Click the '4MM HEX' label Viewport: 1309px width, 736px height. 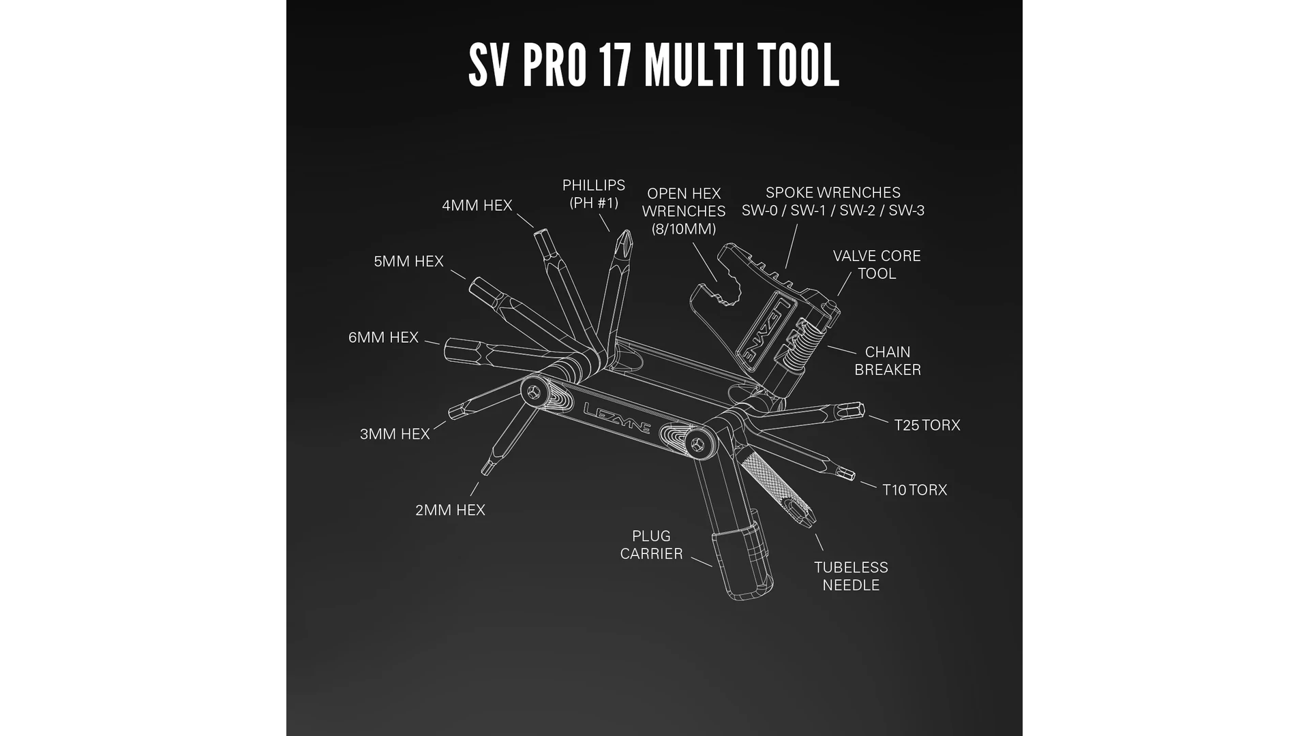pos(477,205)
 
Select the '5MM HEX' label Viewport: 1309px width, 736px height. pos(408,261)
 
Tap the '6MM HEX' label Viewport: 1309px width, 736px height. pos(383,337)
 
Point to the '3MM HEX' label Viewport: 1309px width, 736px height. pos(395,434)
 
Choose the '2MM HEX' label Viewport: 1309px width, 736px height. pos(450,510)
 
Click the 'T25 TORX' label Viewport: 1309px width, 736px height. pos(927,425)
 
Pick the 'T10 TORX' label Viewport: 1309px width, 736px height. pos(914,490)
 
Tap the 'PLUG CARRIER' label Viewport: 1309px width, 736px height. pos(651,545)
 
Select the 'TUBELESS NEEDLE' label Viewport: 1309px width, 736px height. pos(851,576)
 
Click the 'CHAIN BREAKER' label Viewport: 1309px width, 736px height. pos(888,361)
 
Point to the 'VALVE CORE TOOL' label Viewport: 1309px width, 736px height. pos(877,264)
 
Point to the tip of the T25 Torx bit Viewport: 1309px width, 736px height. pos(863,409)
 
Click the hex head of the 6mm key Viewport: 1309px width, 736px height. pos(457,350)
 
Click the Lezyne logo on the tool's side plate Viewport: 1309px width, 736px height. pos(617,418)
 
